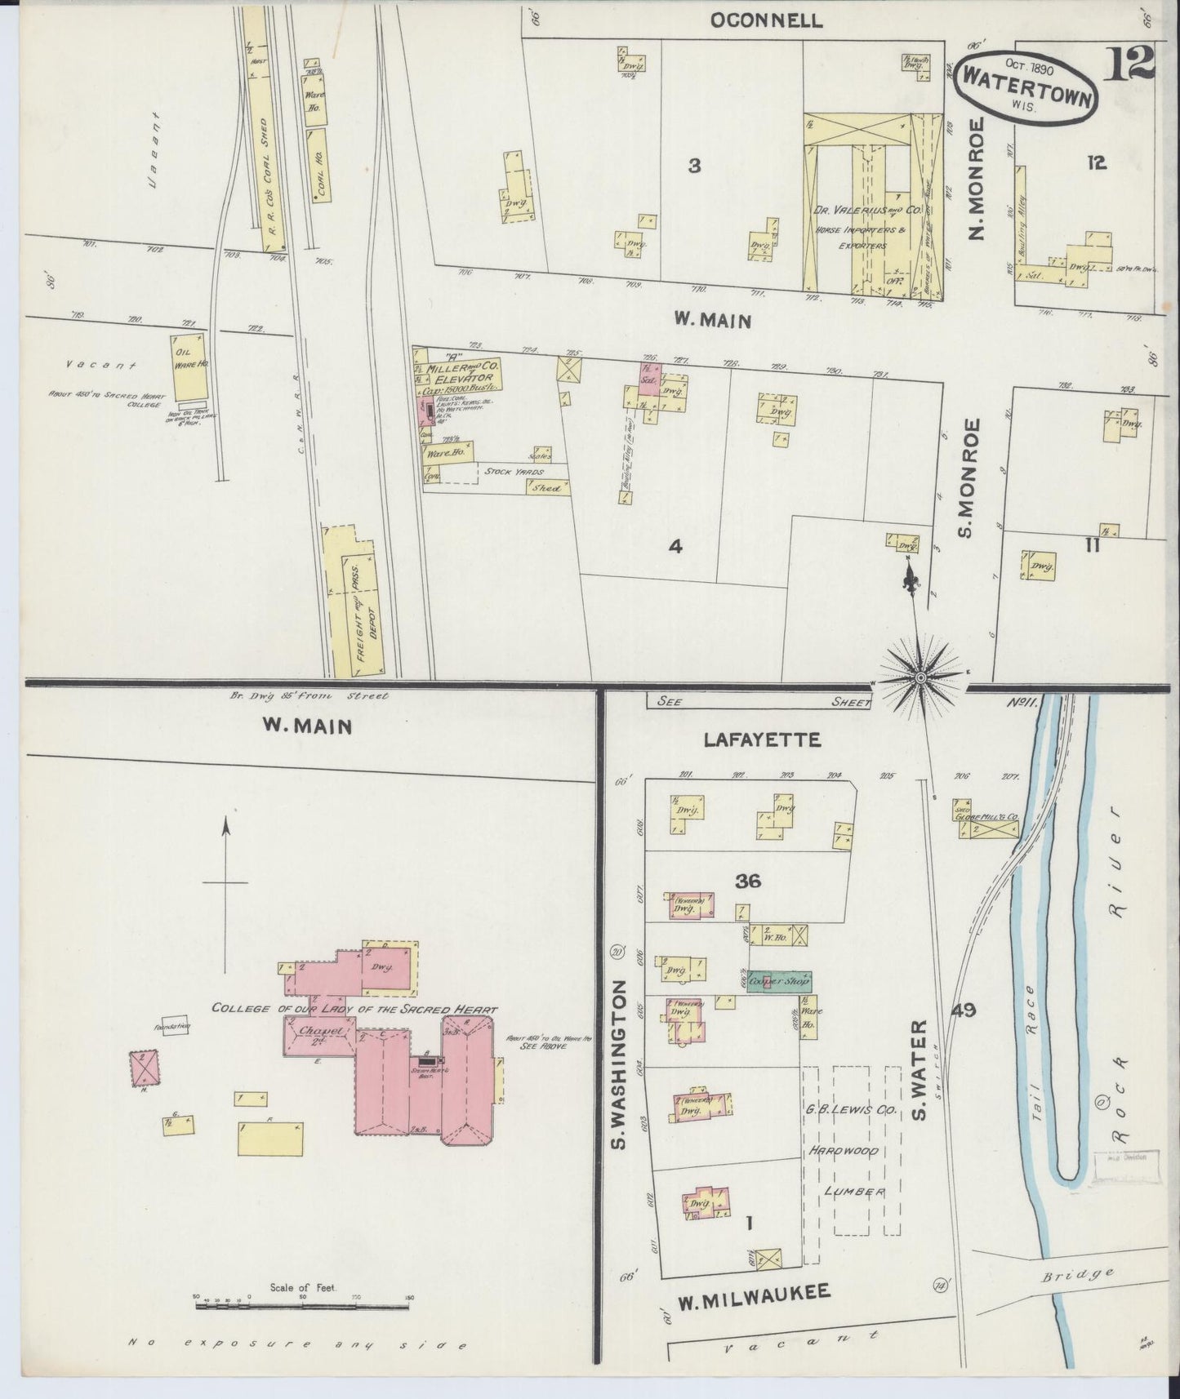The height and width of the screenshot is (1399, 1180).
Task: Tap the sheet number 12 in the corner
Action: click(1131, 63)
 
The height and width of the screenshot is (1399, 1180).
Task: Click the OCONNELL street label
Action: click(765, 20)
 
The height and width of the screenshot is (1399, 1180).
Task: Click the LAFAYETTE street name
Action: click(761, 740)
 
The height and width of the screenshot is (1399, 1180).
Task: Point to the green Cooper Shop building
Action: click(780, 981)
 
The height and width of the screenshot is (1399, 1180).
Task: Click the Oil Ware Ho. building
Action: click(190, 367)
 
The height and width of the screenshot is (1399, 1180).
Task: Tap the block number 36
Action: click(747, 881)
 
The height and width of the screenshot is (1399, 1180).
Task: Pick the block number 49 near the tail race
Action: click(964, 1010)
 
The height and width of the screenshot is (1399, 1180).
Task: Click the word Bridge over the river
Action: click(1089, 1274)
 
